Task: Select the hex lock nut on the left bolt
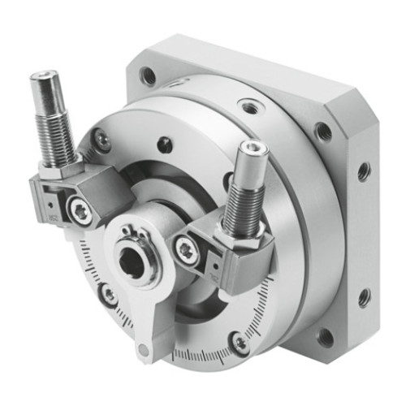point(55,166)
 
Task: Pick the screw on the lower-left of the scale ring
point(107,294)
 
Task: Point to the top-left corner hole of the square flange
point(148,76)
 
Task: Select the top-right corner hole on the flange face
point(324,132)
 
